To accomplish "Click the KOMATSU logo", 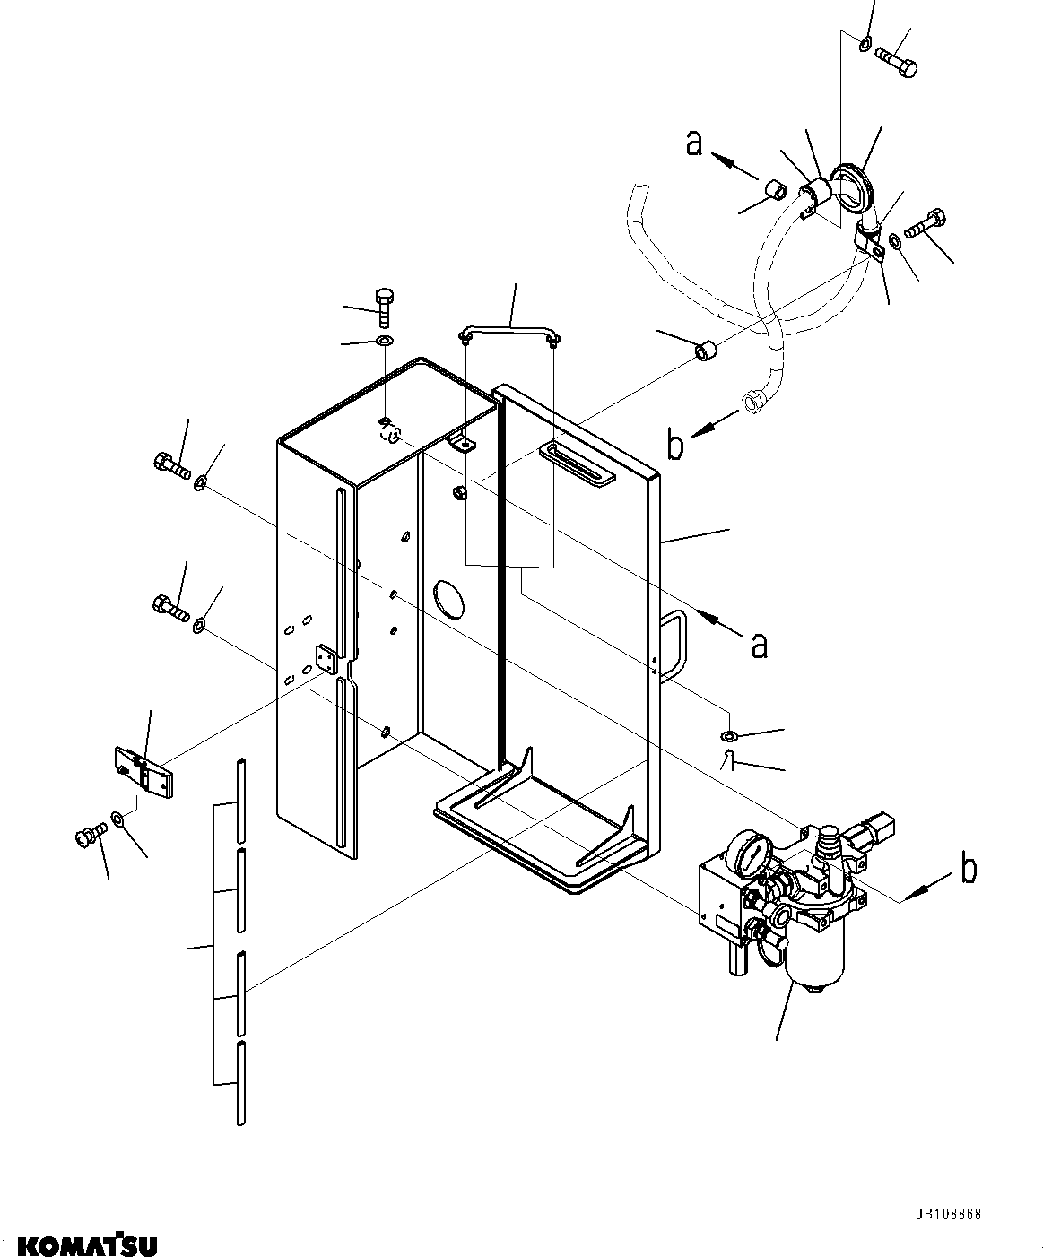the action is (87, 1242).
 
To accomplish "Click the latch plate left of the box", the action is (143, 772).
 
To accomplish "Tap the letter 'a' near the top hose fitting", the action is (694, 143).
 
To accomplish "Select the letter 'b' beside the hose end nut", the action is (675, 444).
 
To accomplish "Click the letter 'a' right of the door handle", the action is (760, 646).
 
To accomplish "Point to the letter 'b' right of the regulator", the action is (969, 868).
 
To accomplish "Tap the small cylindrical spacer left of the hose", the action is (705, 351).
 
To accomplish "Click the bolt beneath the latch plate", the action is (91, 837).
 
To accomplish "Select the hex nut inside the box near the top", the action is (458, 493).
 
